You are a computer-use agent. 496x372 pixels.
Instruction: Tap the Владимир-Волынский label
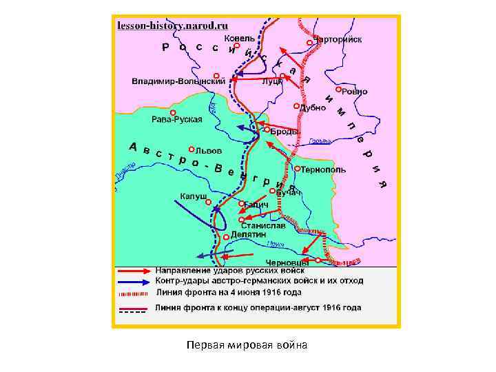click(179, 81)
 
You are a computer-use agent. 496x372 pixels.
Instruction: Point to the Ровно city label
click(354, 92)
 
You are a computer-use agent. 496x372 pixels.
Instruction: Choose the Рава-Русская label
click(177, 119)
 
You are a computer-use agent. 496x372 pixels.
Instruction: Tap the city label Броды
click(284, 131)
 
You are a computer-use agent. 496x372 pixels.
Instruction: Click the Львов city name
click(209, 150)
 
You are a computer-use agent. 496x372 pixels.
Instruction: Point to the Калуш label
click(194, 196)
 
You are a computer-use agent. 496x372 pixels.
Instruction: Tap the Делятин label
click(248, 235)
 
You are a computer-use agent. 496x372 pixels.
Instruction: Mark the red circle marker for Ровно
click(338, 90)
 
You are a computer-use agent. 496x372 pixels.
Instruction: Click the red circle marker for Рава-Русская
click(173, 112)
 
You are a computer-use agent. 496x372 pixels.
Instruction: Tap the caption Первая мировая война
click(247, 344)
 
